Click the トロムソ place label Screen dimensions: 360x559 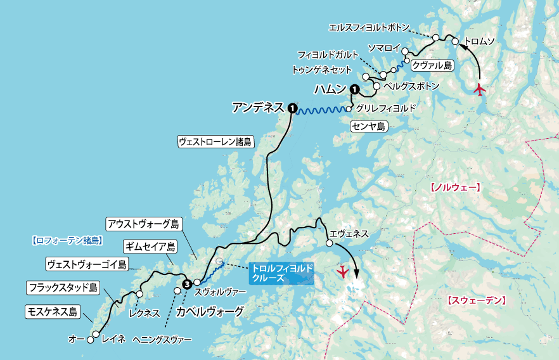(480, 42)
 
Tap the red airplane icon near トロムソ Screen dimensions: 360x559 (480, 89)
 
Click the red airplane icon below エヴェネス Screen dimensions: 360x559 (344, 272)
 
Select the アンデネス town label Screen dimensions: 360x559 (257, 108)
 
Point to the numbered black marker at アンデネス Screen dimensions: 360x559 (292, 108)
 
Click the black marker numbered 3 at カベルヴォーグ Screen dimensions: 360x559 (186, 284)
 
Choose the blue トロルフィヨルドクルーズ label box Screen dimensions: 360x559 (281, 273)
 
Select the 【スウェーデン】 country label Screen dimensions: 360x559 (475, 299)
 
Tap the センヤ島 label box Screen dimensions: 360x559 (369, 127)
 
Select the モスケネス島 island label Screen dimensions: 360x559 (52, 311)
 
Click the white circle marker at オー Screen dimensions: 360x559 (90, 340)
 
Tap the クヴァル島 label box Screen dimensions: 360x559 (432, 65)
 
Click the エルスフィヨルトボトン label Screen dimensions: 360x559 (369, 28)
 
